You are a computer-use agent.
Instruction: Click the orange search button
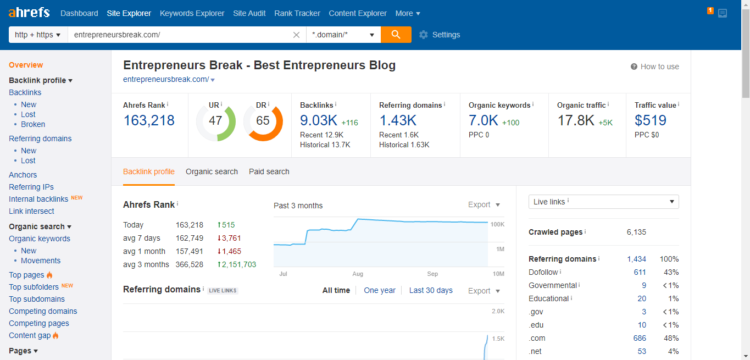pos(396,35)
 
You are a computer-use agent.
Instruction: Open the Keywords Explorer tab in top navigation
pos(192,13)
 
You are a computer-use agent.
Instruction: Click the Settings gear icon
pos(423,35)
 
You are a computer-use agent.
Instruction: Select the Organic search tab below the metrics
pos(212,171)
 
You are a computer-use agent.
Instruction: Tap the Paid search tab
pos(269,171)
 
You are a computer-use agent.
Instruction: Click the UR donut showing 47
pos(215,120)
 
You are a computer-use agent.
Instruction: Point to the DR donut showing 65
pos(263,120)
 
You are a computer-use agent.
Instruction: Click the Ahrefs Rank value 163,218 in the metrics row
pos(149,120)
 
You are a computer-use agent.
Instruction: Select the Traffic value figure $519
pos(651,120)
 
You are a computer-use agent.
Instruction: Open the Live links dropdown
pos(603,202)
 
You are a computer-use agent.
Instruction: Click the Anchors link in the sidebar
pos(23,175)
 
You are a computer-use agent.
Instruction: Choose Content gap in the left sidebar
pos(30,335)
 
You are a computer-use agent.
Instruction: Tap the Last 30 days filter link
pos(431,290)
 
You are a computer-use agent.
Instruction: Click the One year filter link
pos(380,290)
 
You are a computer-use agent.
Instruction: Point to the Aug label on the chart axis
pos(358,274)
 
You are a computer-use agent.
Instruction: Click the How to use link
pos(659,67)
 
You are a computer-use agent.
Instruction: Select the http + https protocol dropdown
pos(38,35)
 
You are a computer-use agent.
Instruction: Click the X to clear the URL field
pos(297,35)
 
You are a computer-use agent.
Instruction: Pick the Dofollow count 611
pos(640,272)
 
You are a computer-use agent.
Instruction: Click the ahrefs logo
pos(29,12)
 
